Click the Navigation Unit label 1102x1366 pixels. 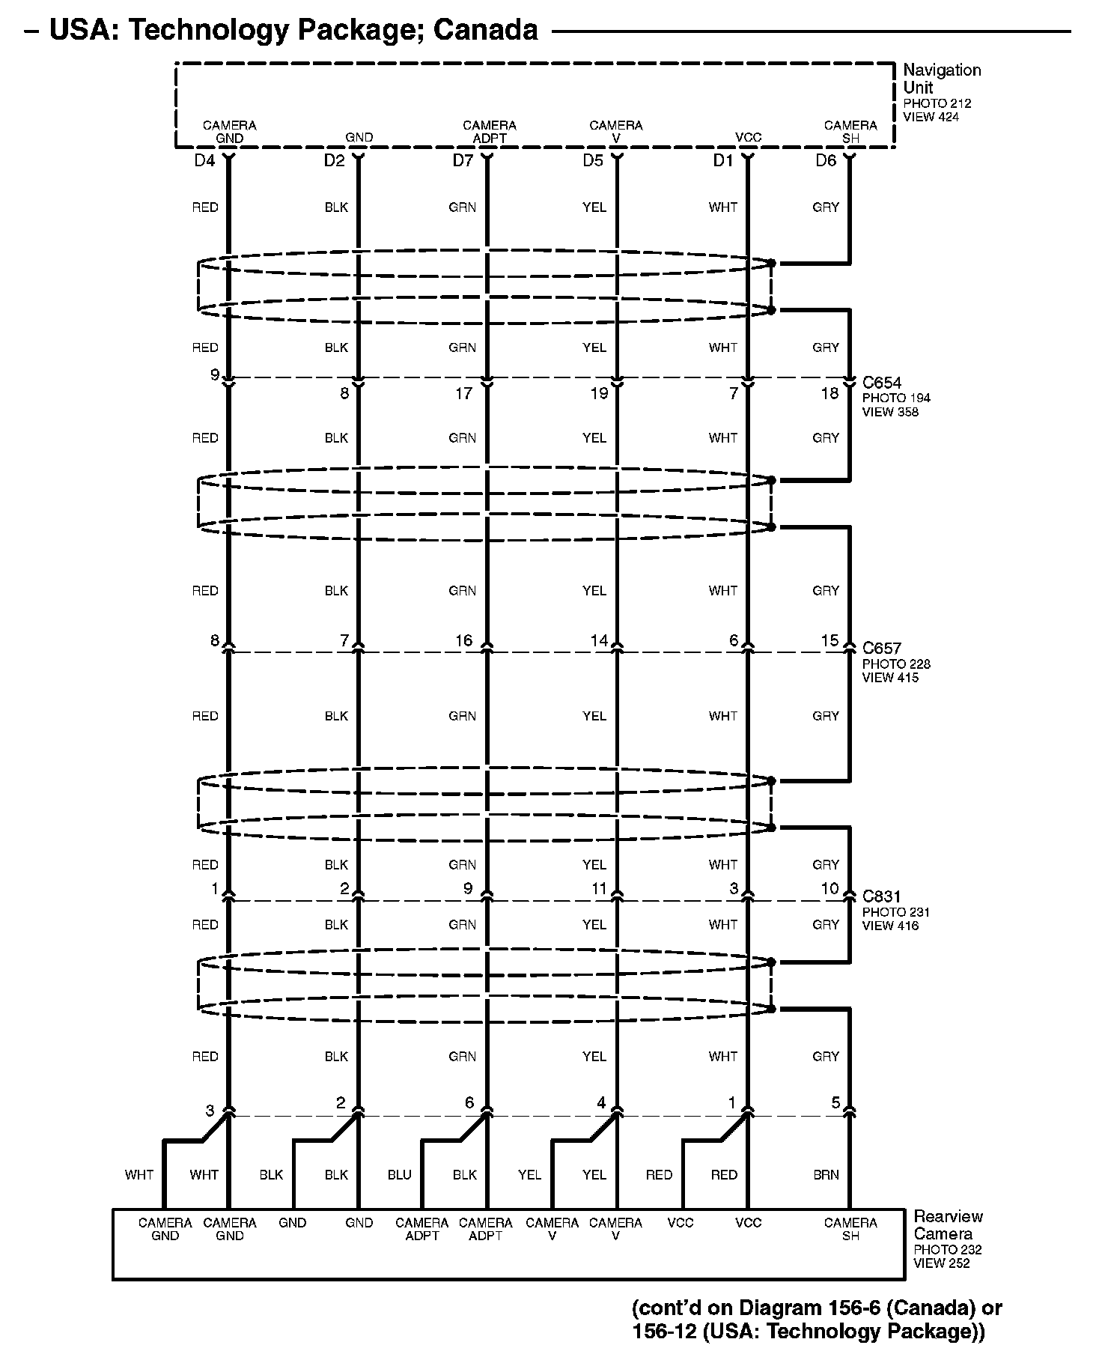click(x=941, y=79)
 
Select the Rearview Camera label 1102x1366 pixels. click(x=948, y=1224)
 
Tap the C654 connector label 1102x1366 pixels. click(x=881, y=383)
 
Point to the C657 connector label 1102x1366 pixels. click(x=881, y=649)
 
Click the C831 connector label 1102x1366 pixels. click(x=881, y=896)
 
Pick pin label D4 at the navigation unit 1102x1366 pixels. click(x=204, y=160)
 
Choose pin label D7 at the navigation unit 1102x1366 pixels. click(x=463, y=160)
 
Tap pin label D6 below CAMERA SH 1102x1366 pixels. click(x=826, y=160)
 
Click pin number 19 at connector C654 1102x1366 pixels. click(x=599, y=393)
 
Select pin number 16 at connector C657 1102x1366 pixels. click(x=464, y=640)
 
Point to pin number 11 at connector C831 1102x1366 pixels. click(x=599, y=889)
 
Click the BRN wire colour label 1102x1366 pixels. click(x=826, y=1175)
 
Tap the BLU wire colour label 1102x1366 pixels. click(x=400, y=1175)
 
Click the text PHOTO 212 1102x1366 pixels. click(x=937, y=103)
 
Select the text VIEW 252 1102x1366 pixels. click(x=941, y=1263)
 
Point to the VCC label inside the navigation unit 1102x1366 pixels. click(x=748, y=138)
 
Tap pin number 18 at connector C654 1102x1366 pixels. click(x=829, y=393)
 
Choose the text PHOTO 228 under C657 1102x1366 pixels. click(x=895, y=664)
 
